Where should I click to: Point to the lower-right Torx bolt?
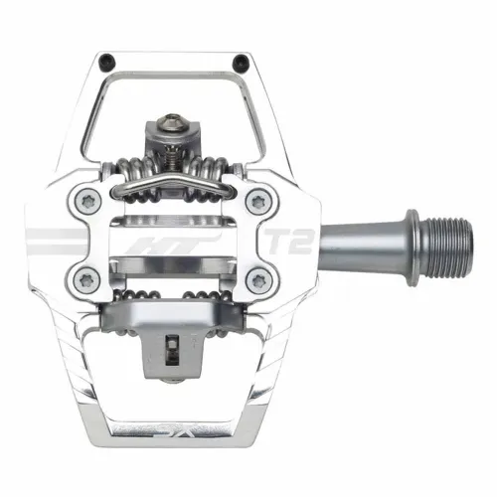(260, 277)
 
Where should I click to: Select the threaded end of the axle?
(438, 240)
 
